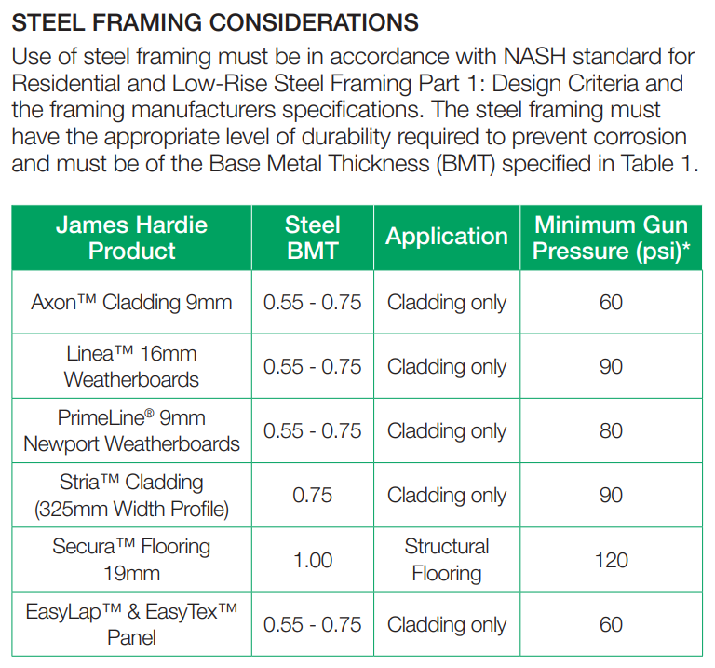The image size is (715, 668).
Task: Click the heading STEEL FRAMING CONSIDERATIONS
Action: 215,22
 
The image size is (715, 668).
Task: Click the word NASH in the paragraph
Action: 534,57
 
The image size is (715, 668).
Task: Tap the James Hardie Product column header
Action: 132,238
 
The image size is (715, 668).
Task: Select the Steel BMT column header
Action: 313,238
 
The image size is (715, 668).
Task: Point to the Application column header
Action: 447,237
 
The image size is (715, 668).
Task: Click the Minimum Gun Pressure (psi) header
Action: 611,238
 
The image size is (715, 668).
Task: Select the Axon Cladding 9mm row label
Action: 132,302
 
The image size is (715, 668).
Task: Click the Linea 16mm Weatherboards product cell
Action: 132,366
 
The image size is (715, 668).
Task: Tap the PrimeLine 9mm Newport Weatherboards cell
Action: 132,430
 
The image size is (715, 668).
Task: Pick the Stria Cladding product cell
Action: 132,496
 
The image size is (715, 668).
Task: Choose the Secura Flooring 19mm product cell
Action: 132,560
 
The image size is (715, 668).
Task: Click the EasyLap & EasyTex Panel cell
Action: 132,624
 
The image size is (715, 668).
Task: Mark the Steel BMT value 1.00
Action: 313,560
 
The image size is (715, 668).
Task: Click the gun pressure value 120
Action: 611,560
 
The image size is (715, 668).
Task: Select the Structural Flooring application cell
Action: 447,560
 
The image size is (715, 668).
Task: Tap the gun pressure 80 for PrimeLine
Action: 611,430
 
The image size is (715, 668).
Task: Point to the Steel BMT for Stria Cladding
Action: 313,496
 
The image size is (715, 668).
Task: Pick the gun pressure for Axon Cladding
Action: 611,302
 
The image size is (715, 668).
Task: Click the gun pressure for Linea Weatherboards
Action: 611,366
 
